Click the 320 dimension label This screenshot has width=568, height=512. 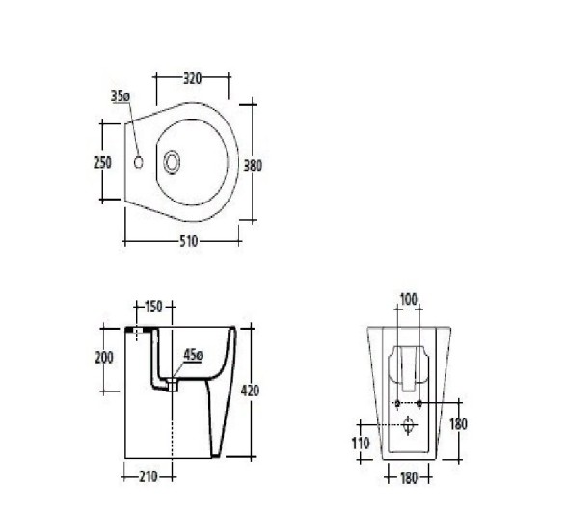(x=192, y=78)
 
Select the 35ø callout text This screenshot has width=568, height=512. (x=121, y=96)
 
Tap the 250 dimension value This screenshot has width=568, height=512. (x=102, y=163)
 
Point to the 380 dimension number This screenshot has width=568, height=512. (x=253, y=166)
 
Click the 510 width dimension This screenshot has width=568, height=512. (x=189, y=241)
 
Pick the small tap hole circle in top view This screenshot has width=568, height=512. (x=138, y=162)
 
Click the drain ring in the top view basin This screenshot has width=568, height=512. (x=172, y=162)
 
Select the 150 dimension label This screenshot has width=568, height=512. (x=153, y=307)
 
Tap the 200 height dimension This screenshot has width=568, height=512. (x=104, y=358)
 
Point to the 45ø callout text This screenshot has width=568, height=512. (x=193, y=355)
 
